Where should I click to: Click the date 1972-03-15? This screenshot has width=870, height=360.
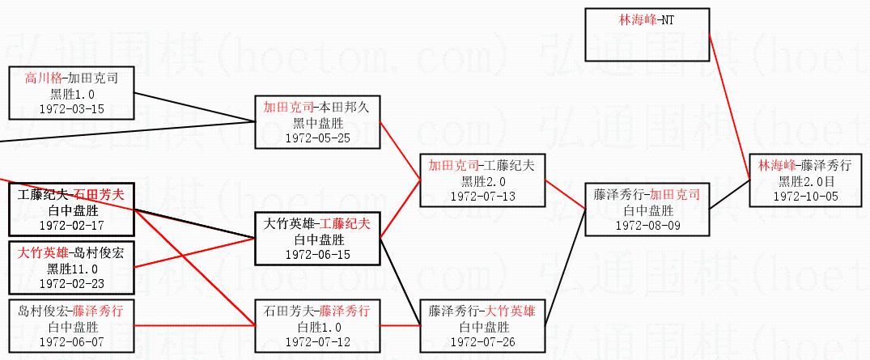(71, 108)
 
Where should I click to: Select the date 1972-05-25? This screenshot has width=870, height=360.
(316, 137)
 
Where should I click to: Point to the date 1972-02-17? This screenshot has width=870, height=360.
(71, 225)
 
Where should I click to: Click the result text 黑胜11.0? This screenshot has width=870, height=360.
(71, 269)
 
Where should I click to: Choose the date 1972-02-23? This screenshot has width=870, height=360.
(71, 283)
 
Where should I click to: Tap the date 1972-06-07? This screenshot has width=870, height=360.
(71, 341)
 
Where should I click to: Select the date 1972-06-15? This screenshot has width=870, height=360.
(316, 254)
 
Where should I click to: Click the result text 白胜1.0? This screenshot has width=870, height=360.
(316, 327)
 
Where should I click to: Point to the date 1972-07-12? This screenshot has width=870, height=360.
(316, 341)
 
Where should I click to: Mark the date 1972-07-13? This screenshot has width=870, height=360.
(482, 196)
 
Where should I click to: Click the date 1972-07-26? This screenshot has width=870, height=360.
(482, 341)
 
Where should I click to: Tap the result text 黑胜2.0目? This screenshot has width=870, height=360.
(805, 180)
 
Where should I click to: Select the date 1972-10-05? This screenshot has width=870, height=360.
(805, 196)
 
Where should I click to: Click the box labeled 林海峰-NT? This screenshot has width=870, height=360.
(647, 34)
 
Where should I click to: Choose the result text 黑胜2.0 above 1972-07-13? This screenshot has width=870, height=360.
(482, 181)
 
